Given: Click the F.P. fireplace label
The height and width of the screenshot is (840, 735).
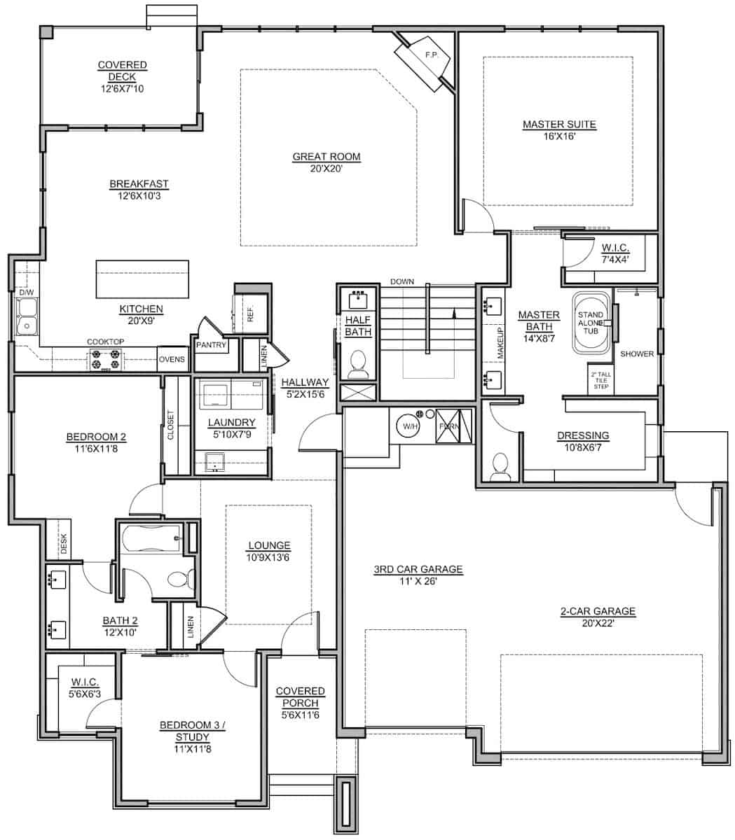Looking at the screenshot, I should point(430,55).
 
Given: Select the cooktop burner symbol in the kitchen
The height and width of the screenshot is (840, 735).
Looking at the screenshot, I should point(105,360).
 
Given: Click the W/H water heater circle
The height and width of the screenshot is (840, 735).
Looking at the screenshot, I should point(408,425).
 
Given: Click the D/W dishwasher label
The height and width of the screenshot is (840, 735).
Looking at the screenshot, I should point(26,292).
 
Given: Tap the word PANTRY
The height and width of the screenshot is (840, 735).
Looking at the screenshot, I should point(210,345).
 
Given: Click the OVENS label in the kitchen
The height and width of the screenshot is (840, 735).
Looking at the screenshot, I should point(172,359).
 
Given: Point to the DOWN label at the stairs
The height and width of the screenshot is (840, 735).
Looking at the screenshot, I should point(402,281).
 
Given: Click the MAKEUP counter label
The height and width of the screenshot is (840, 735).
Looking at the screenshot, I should point(500,343).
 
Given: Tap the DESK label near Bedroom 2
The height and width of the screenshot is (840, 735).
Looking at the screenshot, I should point(63,545).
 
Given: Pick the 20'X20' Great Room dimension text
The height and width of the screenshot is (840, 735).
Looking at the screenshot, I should point(327,168).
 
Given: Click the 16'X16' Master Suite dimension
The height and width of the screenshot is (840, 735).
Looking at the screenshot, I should point(558,136).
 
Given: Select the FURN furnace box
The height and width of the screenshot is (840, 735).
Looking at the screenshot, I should point(447,425).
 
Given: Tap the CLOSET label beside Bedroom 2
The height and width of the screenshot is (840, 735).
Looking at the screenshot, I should point(170,424).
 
